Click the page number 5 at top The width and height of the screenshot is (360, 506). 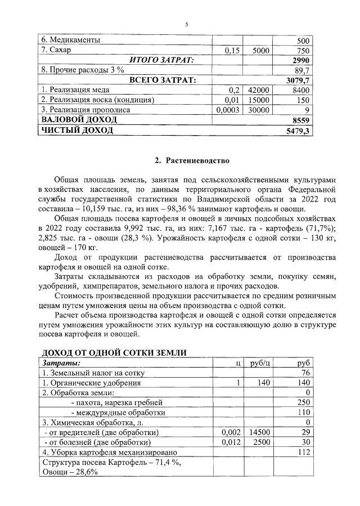tap(186, 24)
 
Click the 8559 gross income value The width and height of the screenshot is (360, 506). tap(301, 120)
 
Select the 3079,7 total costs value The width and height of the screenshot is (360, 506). tap(298, 80)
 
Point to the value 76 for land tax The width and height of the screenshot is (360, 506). tap(305, 373)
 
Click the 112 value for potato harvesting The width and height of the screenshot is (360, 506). tap(303, 451)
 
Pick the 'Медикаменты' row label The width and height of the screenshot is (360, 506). tap(71, 41)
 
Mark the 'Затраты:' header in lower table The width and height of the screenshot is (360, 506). tap(62, 363)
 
